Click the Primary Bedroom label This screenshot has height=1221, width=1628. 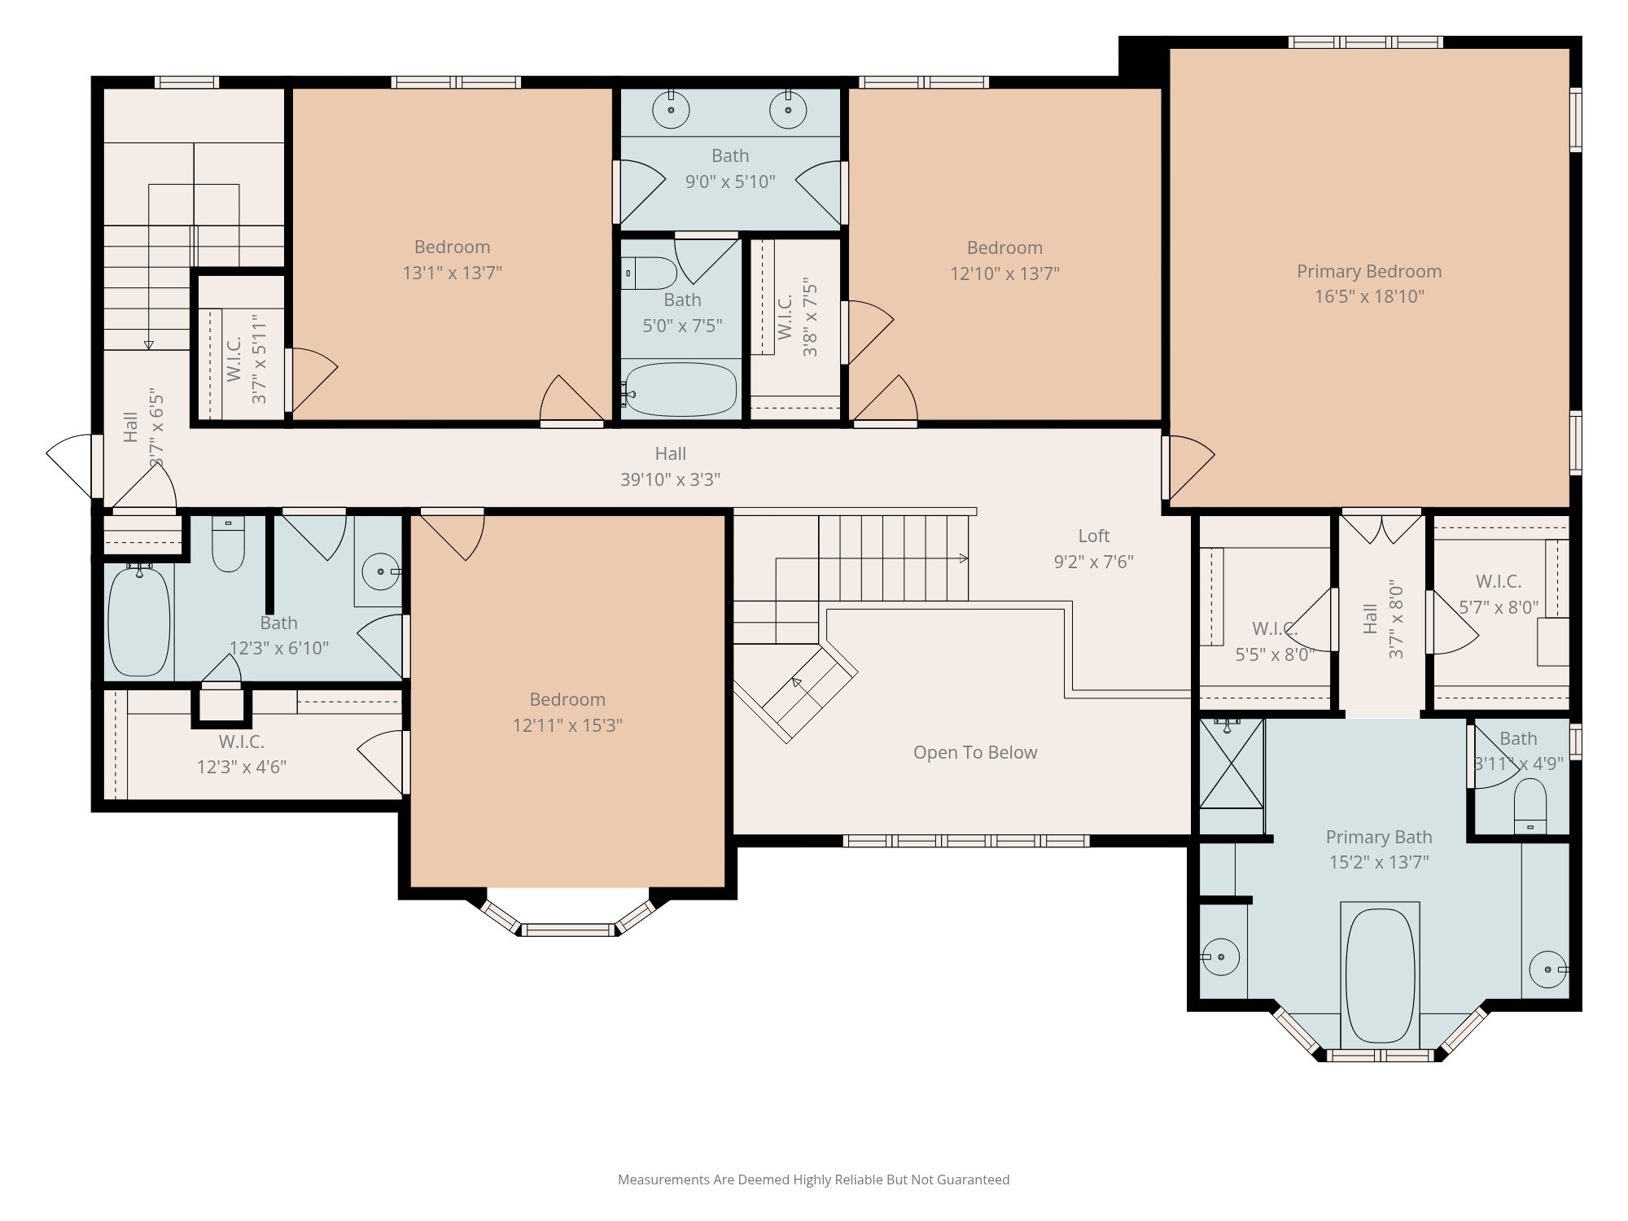pyautogui.click(x=1368, y=271)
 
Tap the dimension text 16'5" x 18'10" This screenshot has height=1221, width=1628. pyautogui.click(x=1369, y=296)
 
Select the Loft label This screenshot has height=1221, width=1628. pyautogui.click(x=1093, y=536)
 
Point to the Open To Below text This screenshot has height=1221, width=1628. pyautogui.click(x=974, y=752)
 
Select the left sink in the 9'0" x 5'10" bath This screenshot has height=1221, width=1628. pyautogui.click(x=671, y=110)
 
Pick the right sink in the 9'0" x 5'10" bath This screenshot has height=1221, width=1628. pyautogui.click(x=788, y=110)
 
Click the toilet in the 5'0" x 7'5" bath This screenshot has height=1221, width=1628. pyautogui.click(x=649, y=274)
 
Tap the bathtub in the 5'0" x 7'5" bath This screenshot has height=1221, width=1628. pyautogui.click(x=681, y=390)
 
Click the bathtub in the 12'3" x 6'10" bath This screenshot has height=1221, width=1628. pyautogui.click(x=139, y=620)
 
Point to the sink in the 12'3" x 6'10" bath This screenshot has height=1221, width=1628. pyautogui.click(x=380, y=571)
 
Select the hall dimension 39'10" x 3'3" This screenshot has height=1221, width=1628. pyautogui.click(x=670, y=479)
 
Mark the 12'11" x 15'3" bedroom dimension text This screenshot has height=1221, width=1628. pyautogui.click(x=567, y=725)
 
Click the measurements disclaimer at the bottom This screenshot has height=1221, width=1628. pyautogui.click(x=813, y=1179)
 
